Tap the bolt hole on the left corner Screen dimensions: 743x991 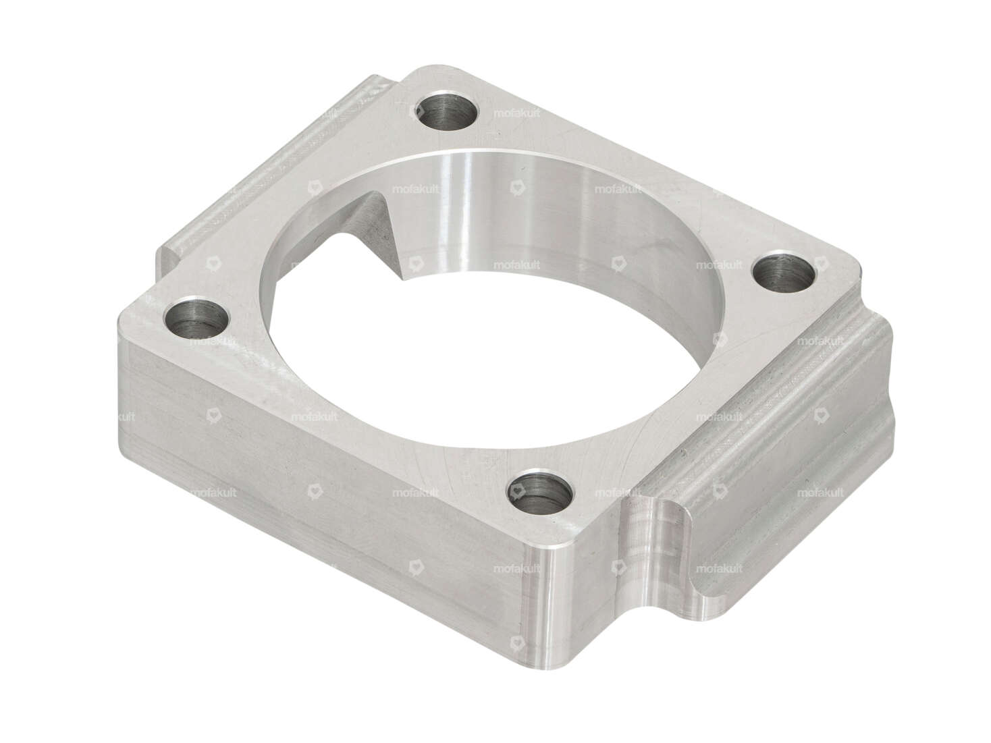(x=196, y=317)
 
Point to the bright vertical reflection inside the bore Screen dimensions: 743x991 (x=466, y=202)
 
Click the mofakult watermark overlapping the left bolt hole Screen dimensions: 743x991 (x=213, y=341)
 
